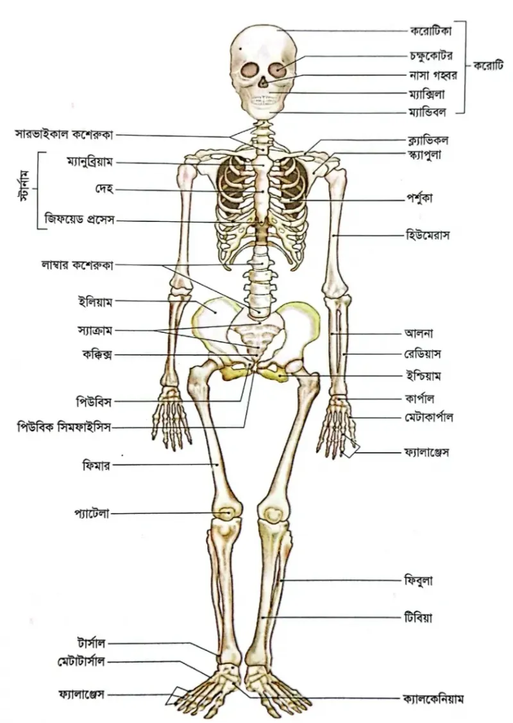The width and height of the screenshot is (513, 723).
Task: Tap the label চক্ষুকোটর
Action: tap(431, 56)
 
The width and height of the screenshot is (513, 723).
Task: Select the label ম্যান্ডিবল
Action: tap(427, 112)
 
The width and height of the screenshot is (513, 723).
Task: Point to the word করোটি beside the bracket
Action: tap(488, 66)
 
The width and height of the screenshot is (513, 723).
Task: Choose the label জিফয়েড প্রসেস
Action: tap(80, 218)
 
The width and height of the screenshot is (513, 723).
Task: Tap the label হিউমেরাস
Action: tap(427, 235)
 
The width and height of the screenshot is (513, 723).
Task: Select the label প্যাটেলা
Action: tap(92, 513)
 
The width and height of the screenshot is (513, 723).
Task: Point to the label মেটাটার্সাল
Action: tap(81, 662)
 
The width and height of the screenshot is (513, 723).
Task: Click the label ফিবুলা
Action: tap(419, 580)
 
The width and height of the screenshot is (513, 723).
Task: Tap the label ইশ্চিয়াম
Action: tap(423, 376)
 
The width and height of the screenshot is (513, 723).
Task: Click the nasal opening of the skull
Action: tap(262, 83)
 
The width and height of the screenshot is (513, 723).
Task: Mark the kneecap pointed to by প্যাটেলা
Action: tap(226, 512)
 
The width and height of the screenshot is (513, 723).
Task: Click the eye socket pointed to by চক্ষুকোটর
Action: tap(279, 69)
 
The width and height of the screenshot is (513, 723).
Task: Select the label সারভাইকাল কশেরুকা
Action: tap(64, 135)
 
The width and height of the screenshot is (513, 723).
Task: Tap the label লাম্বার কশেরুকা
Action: tap(77, 265)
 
